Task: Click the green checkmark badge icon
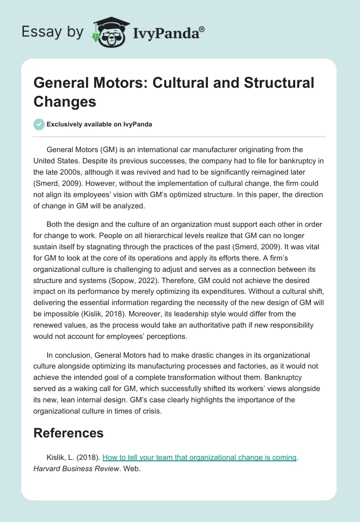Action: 39,124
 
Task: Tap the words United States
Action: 56,160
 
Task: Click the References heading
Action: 68,433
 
